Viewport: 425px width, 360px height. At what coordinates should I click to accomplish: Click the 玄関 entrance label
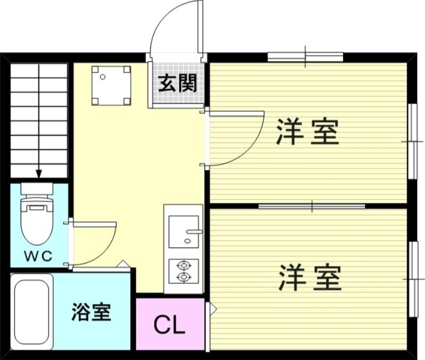(x=177, y=83)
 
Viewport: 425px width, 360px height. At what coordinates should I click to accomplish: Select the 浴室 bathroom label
(x=91, y=312)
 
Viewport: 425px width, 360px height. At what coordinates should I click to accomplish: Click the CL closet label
(x=169, y=325)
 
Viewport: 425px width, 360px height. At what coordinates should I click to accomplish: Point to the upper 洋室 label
(x=307, y=132)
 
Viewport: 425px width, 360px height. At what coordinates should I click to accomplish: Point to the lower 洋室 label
(x=309, y=278)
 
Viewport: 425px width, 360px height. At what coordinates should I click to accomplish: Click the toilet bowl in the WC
(x=36, y=220)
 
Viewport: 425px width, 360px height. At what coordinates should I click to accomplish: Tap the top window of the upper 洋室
(x=305, y=56)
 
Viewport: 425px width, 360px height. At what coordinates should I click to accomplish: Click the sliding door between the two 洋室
(x=311, y=205)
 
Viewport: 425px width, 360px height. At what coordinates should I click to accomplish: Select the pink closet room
(x=170, y=324)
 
